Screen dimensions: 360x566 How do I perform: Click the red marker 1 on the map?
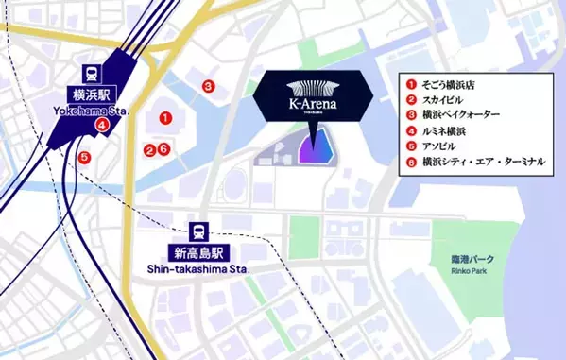click(165, 118)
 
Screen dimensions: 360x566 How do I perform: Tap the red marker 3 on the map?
click(207, 86)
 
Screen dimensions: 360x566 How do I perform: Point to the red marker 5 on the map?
click(84, 157)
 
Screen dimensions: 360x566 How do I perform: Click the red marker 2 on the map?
click(148, 149)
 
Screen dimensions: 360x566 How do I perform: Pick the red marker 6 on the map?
click(163, 148)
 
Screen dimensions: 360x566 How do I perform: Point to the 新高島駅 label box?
click(199, 252)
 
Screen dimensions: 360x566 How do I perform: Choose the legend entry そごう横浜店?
click(450, 83)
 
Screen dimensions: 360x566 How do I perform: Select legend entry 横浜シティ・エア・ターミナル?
click(483, 163)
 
